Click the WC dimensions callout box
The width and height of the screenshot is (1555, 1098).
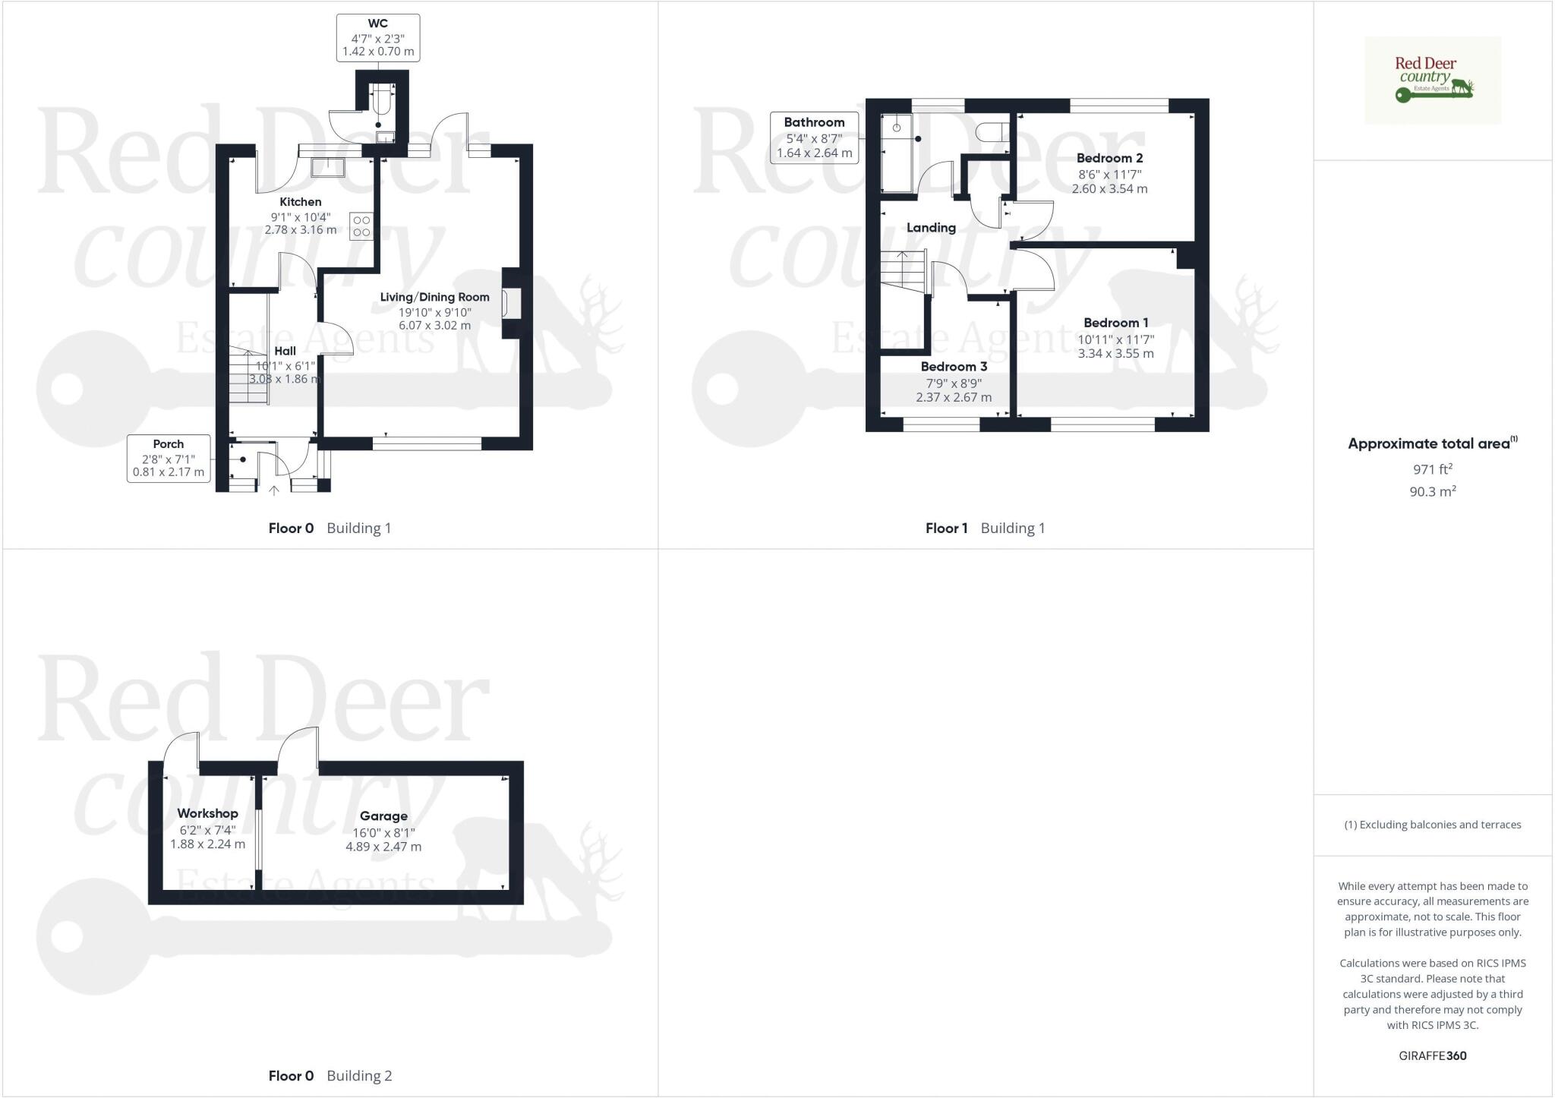click(377, 38)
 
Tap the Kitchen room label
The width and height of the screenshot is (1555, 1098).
click(301, 202)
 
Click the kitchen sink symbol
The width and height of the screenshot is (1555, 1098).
click(328, 168)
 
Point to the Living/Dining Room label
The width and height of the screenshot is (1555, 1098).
click(434, 297)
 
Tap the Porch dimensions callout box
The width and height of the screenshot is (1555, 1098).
click(169, 458)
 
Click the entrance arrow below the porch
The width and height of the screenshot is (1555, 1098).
click(274, 491)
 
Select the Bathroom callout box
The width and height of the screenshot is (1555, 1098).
click(814, 137)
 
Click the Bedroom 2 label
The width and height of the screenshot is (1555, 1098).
click(1109, 158)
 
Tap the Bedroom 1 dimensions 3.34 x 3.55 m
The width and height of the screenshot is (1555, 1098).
click(1115, 353)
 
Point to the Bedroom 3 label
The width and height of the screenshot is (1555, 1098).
click(954, 367)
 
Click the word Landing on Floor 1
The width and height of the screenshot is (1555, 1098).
click(931, 228)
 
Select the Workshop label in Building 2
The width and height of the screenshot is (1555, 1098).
click(207, 813)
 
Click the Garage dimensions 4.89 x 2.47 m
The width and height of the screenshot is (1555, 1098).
click(383, 847)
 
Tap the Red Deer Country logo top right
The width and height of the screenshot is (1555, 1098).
click(1432, 80)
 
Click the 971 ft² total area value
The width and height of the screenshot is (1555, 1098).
click(1432, 469)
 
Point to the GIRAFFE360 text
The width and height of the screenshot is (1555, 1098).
click(1432, 1055)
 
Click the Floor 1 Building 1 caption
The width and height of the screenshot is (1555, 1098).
click(985, 528)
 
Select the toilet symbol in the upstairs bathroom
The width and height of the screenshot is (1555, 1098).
click(991, 132)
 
